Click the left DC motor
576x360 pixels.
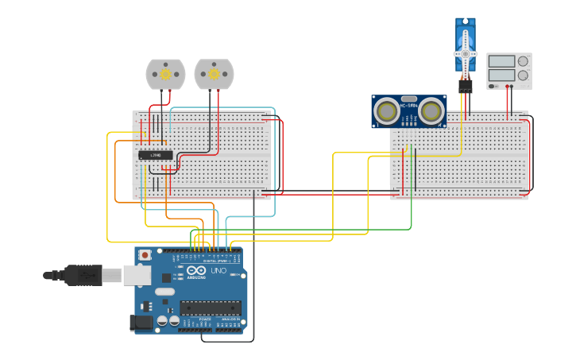[x=165, y=75]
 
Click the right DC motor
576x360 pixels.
[x=214, y=75]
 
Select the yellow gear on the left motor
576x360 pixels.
[x=165, y=74]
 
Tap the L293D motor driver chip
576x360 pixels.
[x=156, y=155]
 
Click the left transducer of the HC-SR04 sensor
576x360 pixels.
[x=388, y=110]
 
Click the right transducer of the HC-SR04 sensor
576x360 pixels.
[x=431, y=110]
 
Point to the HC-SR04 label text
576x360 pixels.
[x=409, y=105]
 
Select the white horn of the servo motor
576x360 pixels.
[x=465, y=53]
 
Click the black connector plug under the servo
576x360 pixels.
[x=465, y=83]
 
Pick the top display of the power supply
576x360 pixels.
[x=501, y=60]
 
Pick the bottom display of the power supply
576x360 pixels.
[x=501, y=75]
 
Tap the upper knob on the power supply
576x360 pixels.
[x=523, y=60]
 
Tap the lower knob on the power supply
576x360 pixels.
[x=523, y=75]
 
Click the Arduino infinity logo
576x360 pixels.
[x=195, y=270]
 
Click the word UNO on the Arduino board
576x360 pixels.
[x=218, y=270]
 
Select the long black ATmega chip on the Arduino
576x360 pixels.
[x=211, y=307]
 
